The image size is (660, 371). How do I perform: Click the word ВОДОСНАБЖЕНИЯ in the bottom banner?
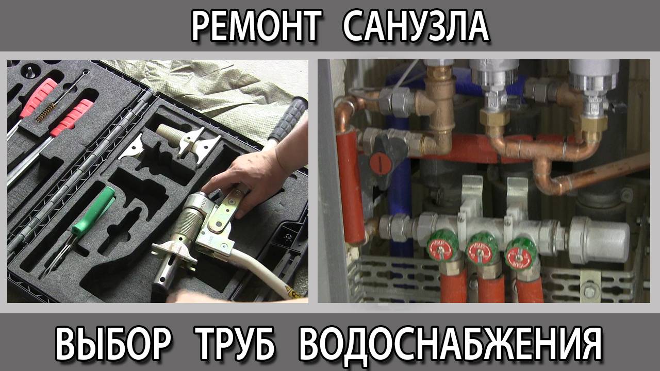450,344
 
